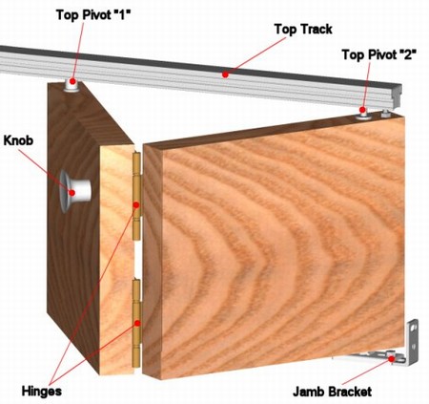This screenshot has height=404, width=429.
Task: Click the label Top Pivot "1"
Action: point(93,15)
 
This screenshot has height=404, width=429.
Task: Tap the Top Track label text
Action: point(303,30)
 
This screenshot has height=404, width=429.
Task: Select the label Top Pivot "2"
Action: point(378,54)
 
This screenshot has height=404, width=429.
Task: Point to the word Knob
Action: point(18,140)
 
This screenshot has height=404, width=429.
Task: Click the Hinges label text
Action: point(42,391)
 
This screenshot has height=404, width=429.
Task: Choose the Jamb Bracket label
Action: point(332,392)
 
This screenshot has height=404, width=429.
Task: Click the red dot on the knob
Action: point(72,193)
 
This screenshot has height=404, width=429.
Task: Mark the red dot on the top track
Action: point(225,74)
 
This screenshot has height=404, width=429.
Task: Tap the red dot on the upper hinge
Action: point(136,205)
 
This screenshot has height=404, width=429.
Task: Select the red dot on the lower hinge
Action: point(137,324)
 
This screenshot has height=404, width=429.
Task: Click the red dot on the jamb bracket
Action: point(392,359)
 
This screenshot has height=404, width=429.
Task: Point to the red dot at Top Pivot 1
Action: point(72,81)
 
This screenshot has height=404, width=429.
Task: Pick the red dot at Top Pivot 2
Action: point(362,110)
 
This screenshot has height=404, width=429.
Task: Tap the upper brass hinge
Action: point(136,196)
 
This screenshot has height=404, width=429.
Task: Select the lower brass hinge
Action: point(136,323)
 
